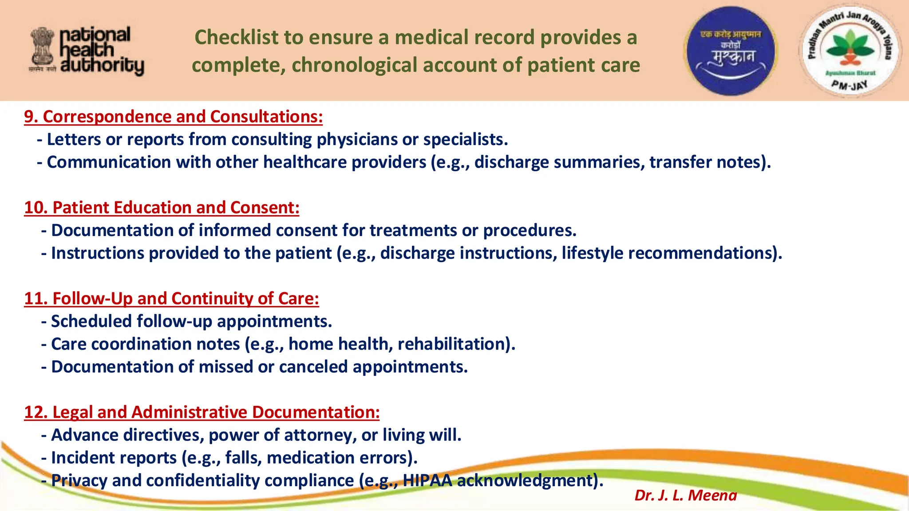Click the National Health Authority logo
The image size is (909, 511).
87,51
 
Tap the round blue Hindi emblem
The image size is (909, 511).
731,51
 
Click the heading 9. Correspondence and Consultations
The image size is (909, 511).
173,117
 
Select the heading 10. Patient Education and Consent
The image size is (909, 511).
162,208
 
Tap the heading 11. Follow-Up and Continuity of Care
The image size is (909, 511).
171,299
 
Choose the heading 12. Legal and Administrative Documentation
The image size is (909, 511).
202,412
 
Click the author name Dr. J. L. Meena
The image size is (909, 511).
685,495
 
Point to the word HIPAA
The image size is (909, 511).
427,480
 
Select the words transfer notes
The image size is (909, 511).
708,162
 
